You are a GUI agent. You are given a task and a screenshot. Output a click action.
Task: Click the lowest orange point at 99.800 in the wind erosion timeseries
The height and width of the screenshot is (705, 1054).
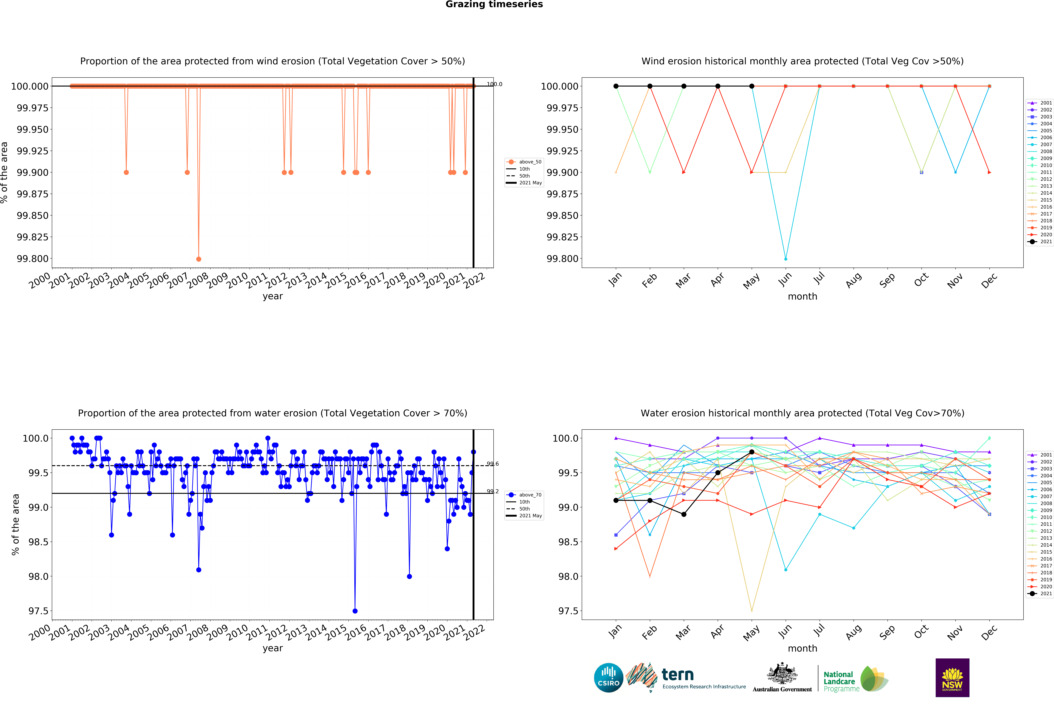(199, 259)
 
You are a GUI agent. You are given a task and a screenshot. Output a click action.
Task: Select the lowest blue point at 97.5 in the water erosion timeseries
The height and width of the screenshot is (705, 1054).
(355, 611)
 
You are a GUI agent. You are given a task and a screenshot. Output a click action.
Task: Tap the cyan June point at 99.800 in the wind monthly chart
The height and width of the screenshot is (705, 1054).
(785, 259)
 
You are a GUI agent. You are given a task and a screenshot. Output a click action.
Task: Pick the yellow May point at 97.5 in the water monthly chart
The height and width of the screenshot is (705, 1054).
(752, 611)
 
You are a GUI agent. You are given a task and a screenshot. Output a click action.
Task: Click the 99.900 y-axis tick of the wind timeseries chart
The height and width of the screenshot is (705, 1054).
(32, 173)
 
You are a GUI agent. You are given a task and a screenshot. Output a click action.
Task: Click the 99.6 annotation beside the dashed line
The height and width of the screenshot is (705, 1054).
(492, 464)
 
